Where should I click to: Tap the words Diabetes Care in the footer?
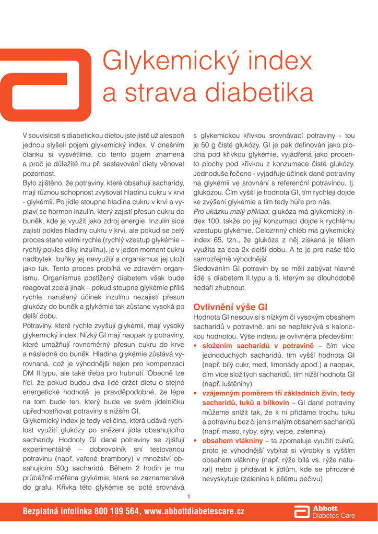[334, 516]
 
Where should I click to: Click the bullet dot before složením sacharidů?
[196, 346]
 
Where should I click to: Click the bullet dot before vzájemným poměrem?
[196, 394]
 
